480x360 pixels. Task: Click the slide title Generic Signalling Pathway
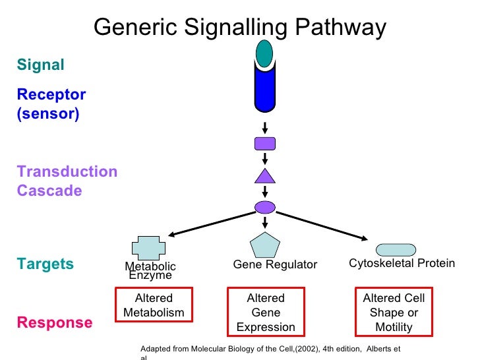coord(239,28)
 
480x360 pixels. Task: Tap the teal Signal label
coord(41,65)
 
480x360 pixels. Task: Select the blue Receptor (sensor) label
coord(51,104)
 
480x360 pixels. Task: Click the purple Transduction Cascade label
coord(67,181)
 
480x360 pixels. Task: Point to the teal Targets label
coord(45,264)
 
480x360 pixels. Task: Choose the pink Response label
coord(55,322)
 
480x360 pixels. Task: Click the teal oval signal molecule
coord(264,53)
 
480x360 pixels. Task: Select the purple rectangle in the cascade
coord(264,143)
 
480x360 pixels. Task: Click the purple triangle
coord(264,175)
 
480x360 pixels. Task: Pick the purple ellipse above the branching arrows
coord(264,206)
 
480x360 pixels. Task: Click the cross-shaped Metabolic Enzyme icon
coord(150,247)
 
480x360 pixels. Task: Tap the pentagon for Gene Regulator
coord(266,245)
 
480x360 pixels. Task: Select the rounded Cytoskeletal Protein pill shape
coord(396,249)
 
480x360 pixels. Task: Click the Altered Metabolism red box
coord(154,305)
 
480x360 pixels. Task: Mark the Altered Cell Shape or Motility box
coord(394,313)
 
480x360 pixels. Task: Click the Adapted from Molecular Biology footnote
coord(270,349)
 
